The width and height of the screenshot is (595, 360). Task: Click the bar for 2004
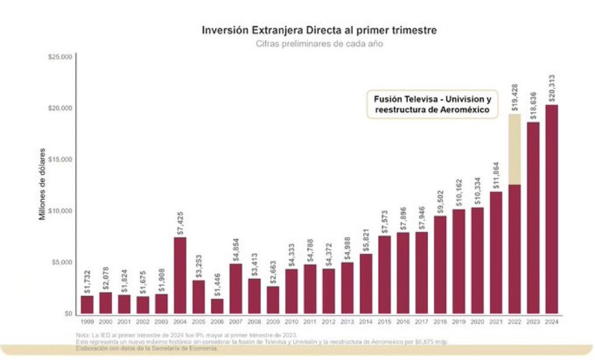click(x=180, y=276)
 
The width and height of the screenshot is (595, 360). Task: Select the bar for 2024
click(x=552, y=211)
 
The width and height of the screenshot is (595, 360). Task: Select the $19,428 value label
click(x=515, y=97)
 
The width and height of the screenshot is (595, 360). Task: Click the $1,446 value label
click(x=217, y=283)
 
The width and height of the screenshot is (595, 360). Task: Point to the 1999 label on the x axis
click(x=87, y=322)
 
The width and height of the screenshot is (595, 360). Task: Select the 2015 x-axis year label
click(x=385, y=322)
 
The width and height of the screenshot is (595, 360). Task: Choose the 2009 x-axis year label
click(x=273, y=322)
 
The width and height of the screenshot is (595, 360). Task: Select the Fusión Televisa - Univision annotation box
click(x=431, y=104)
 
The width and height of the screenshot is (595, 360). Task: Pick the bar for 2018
click(x=440, y=265)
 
